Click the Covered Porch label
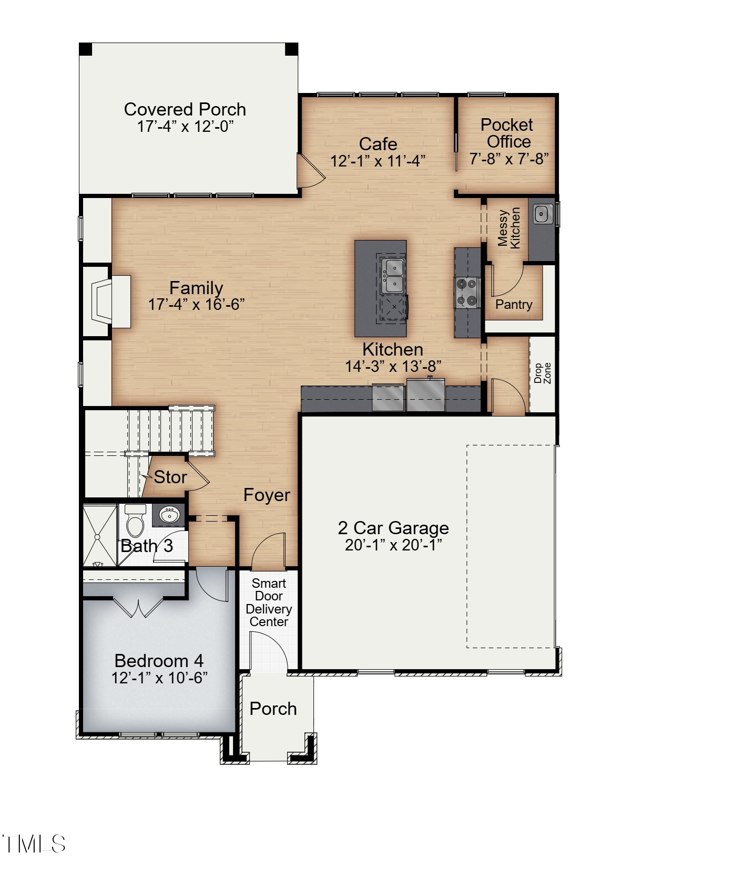185,109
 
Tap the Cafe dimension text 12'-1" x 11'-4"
378,161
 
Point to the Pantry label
513,304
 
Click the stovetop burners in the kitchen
467,293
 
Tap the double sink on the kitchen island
392,276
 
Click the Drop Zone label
542,373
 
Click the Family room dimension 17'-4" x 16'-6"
196,304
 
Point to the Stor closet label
170,477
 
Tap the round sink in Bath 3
169,515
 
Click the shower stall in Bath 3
99,536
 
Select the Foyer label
267,495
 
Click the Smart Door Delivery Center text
269,602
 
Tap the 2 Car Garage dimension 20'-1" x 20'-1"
393,545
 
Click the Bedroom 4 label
159,660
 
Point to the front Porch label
273,709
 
